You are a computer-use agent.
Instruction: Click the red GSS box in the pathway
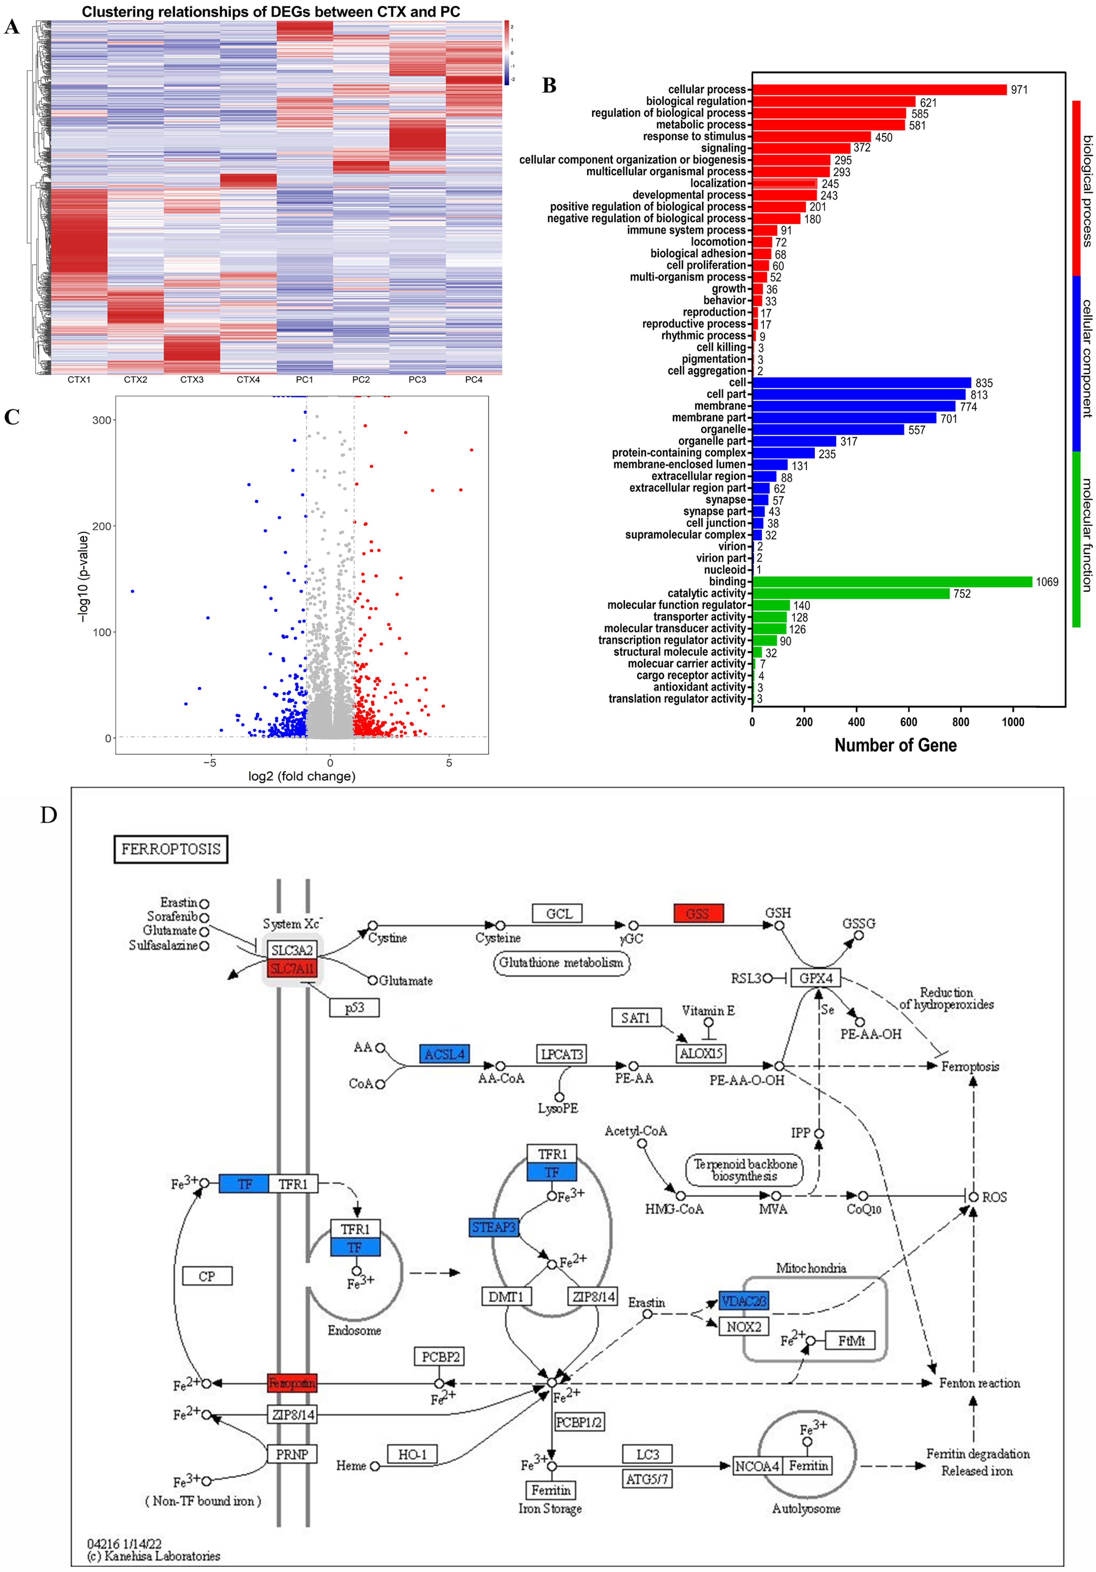698,913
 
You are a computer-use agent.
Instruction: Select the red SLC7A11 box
292,968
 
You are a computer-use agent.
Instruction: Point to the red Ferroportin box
292,1383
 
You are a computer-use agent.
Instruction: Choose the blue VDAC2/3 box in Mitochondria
744,1301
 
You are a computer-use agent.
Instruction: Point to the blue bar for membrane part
844,418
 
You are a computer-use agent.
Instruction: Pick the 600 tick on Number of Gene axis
909,722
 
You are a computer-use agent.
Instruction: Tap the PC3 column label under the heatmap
417,379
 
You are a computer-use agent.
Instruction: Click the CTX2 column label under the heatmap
136,379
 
